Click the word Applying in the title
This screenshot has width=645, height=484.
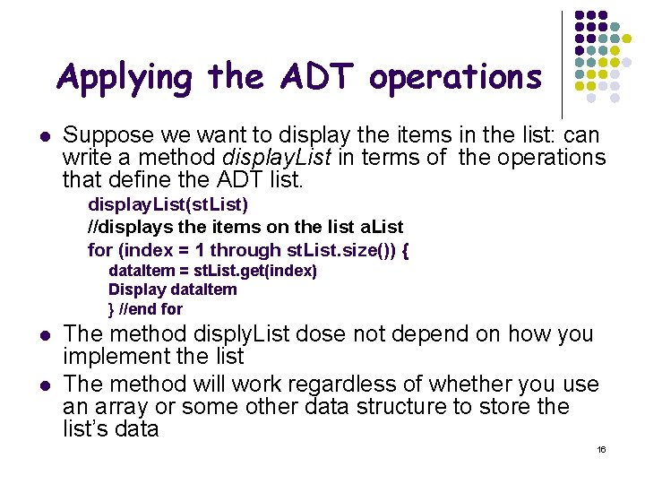click(x=125, y=79)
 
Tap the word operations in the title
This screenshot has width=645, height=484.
click(x=455, y=79)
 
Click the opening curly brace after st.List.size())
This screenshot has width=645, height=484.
click(x=406, y=249)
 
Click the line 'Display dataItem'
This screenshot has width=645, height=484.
click(x=173, y=289)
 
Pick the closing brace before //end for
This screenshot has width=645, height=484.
click(x=111, y=308)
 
